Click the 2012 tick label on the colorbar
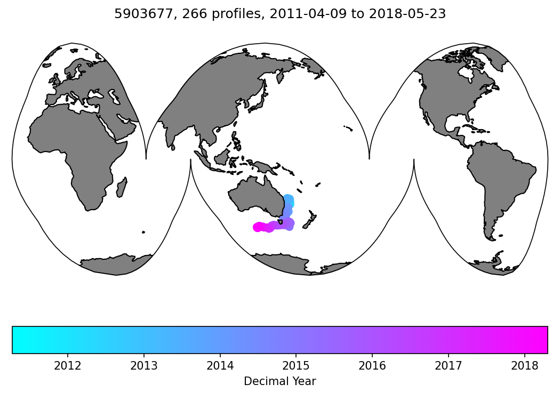click(68, 366)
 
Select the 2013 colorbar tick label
click(143, 366)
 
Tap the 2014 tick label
click(220, 366)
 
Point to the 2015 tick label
click(296, 366)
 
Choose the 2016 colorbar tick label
click(372, 366)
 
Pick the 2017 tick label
click(448, 366)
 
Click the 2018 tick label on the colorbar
click(524, 366)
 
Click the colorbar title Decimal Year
click(279, 381)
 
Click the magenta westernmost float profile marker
click(257, 227)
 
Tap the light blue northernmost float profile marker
click(288, 199)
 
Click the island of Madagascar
click(122, 188)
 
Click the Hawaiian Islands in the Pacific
click(348, 128)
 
